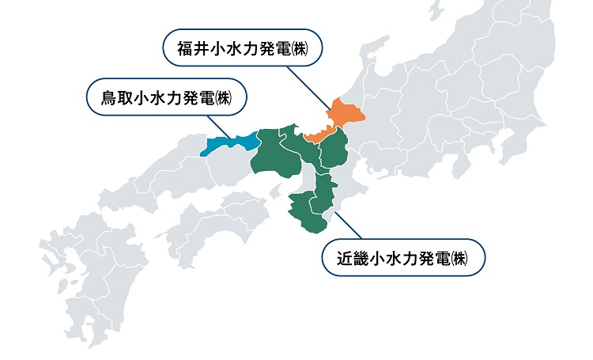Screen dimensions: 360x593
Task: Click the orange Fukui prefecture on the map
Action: (x=341, y=115)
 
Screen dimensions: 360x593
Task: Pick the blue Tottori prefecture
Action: (x=232, y=143)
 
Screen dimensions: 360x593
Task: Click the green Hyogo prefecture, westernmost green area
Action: (x=274, y=154)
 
